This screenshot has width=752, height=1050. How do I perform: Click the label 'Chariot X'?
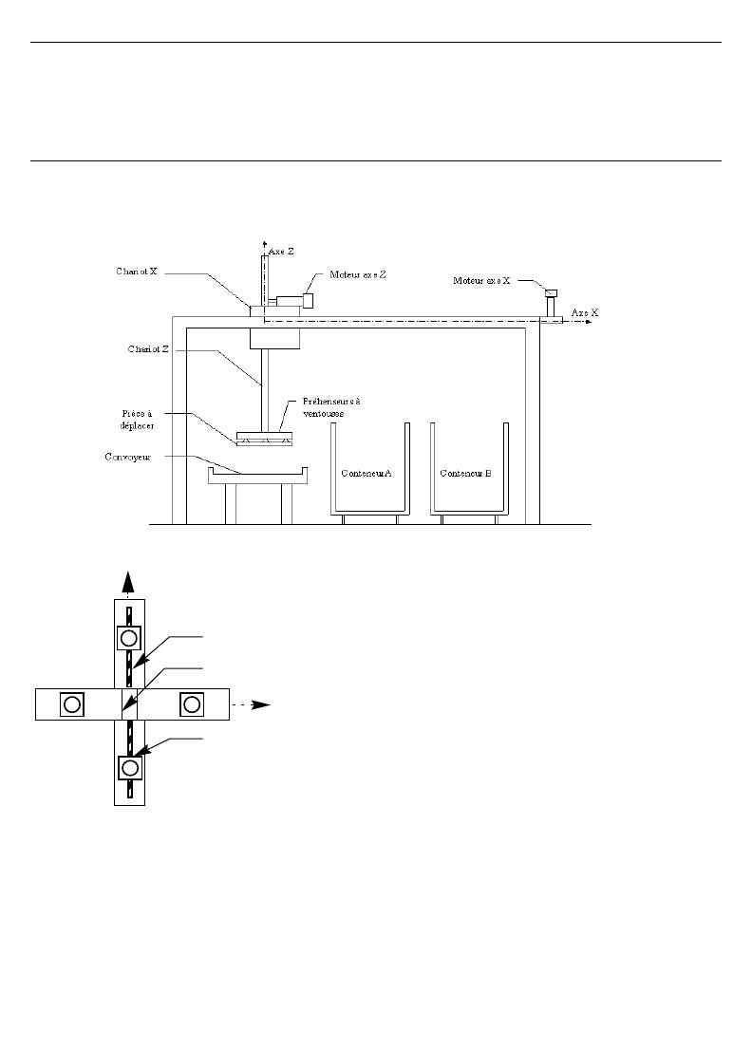tap(137, 272)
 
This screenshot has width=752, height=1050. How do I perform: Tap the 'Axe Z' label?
tap(281, 252)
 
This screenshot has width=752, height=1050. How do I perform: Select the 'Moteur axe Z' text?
tap(358, 274)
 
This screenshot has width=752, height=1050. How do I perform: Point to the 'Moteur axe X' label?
tap(481, 281)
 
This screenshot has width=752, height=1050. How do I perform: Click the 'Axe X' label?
tap(585, 312)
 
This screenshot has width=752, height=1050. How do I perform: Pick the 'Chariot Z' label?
tap(148, 349)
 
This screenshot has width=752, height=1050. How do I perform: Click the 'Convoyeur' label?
tap(128, 458)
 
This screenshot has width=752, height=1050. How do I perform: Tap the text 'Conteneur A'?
tap(367, 474)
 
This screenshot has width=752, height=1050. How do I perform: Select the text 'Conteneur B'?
tap(465, 474)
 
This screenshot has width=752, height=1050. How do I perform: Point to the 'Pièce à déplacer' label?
tap(138, 420)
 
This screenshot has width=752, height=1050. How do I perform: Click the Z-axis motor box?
tap(308, 300)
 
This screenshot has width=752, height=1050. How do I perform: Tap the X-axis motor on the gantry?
tap(551, 293)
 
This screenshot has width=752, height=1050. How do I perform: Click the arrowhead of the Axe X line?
tap(589, 322)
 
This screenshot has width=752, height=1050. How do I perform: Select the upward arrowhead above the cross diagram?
tap(128, 582)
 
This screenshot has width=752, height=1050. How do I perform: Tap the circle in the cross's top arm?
tap(129, 638)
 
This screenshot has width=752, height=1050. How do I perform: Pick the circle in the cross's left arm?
tap(71, 704)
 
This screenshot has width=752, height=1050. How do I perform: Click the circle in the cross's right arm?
tap(192, 704)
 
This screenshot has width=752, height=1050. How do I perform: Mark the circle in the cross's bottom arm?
tap(130, 767)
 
